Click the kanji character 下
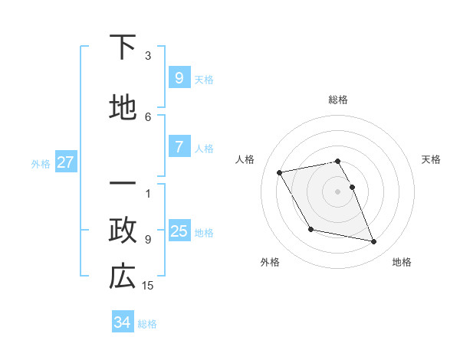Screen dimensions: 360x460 pyautogui.click(x=123, y=47)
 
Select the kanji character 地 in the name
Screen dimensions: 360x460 pyautogui.click(x=123, y=107)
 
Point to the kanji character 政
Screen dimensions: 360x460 pyautogui.click(x=123, y=231)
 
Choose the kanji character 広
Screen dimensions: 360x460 pyautogui.click(x=123, y=277)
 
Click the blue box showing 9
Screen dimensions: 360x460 pyautogui.click(x=179, y=77)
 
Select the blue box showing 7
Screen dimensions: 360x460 pyautogui.click(x=179, y=147)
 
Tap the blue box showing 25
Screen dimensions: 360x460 pyautogui.click(x=179, y=231)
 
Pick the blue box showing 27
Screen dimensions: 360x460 pyautogui.click(x=65, y=162)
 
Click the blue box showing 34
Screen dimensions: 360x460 pyautogui.click(x=122, y=322)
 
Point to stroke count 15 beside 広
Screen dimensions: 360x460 pyautogui.click(x=148, y=286)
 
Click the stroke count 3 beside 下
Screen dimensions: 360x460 pyautogui.click(x=148, y=56)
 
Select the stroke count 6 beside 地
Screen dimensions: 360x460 pyautogui.click(x=148, y=116)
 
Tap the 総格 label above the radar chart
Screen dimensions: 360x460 pyautogui.click(x=338, y=100)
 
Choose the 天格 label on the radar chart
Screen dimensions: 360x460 pyautogui.click(x=432, y=159)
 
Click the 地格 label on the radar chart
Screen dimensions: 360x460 pyautogui.click(x=402, y=262)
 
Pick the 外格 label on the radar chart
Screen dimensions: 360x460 pyautogui.click(x=269, y=262)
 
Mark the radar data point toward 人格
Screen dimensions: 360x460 pyautogui.click(x=280, y=172)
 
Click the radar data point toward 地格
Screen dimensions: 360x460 pyautogui.click(x=374, y=242)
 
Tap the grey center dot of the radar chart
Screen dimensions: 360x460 pyautogui.click(x=338, y=191)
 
